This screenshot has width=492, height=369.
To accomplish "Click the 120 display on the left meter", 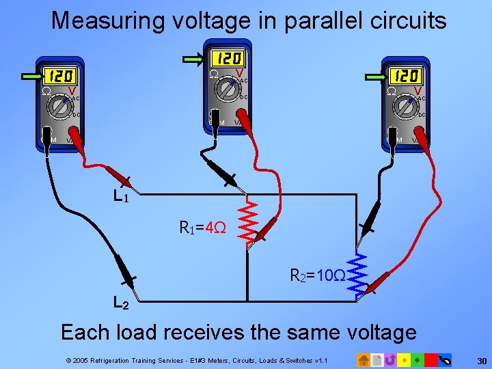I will [59, 76].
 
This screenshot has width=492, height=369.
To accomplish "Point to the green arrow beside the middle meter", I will [199, 58].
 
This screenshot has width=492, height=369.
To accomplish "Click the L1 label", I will [121, 196].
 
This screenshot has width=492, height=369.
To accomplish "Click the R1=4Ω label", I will [202, 226].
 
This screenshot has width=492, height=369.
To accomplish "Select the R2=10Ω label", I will [318, 276].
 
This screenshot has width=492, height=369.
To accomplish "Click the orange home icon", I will [364, 359].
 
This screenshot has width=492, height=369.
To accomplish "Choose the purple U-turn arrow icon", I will [390, 359].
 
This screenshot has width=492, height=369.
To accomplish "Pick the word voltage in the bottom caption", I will [361, 333].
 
